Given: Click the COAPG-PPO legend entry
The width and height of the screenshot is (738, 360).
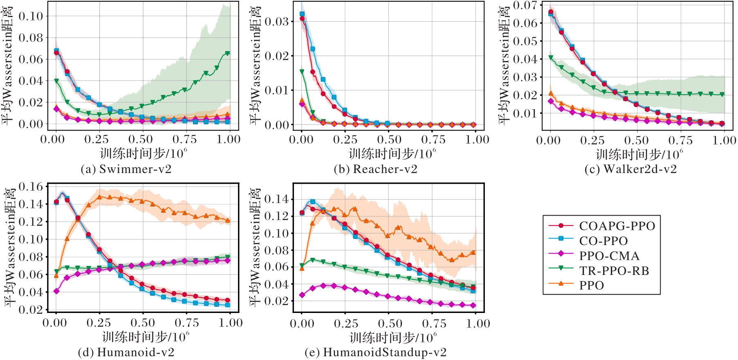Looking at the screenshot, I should [617, 226].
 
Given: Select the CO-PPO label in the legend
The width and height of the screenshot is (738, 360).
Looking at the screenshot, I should [603, 241].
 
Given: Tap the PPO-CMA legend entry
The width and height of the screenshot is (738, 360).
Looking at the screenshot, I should [609, 256].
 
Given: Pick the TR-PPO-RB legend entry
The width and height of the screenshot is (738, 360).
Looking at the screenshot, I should [614, 271].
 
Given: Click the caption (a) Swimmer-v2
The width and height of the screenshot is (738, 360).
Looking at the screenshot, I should [126, 169].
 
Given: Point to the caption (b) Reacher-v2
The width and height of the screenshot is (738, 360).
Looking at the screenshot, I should [375, 169].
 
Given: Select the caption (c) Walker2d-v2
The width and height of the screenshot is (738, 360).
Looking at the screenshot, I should [630, 169].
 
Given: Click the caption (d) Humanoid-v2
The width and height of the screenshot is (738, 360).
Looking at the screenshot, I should [126, 352].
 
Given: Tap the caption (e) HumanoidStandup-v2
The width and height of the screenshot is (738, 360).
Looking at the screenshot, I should [375, 352].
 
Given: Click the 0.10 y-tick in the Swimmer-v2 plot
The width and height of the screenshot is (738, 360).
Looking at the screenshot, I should [31, 16].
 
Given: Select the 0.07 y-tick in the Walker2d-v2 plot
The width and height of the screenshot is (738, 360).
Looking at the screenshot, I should [525, 5].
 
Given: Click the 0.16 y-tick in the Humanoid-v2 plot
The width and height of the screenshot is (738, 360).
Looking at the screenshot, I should [31, 187].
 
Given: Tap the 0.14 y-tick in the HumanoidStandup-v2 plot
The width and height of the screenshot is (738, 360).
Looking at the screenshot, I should [277, 199].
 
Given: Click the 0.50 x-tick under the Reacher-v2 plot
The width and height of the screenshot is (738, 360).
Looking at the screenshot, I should [389, 139].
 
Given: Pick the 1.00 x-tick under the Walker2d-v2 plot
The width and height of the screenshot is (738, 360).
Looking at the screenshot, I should [724, 140].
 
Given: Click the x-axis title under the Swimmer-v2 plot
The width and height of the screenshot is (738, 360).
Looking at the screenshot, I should [143, 154].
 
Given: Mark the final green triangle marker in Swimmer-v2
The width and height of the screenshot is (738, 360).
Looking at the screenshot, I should [228, 54].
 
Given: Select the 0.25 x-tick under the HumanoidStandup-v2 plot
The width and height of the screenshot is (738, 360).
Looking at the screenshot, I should [346, 324].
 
